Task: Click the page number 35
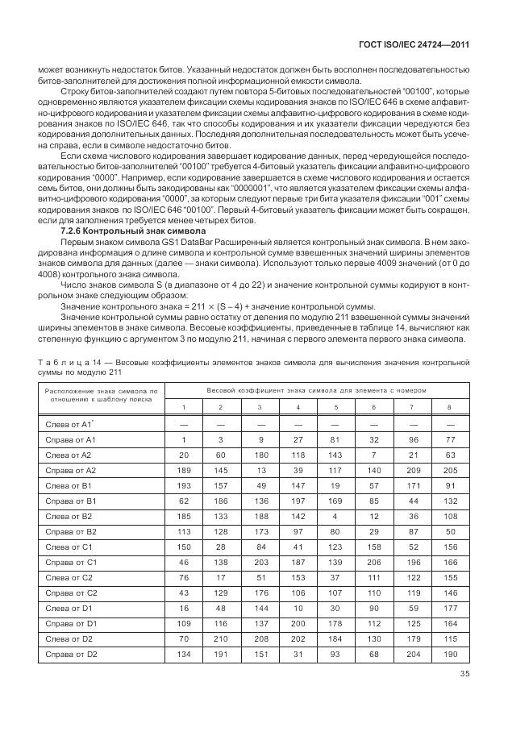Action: [x=464, y=676]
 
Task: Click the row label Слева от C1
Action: [x=69, y=547]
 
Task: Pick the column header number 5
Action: [x=335, y=406]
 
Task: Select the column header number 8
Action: [x=449, y=406]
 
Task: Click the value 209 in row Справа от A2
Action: [x=411, y=470]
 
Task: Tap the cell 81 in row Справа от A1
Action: [x=335, y=439]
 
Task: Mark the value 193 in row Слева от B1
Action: [x=184, y=485]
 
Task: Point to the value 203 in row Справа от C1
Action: [x=260, y=561]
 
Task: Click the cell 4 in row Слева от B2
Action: [x=335, y=515]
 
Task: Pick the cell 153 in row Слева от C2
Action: [x=298, y=577]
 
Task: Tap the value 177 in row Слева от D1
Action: [x=449, y=607]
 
